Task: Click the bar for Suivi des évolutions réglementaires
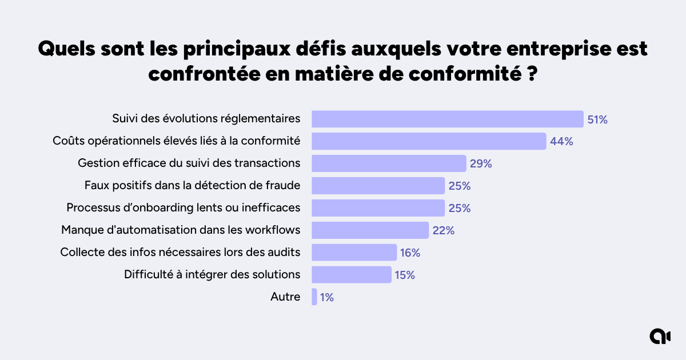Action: [447, 119]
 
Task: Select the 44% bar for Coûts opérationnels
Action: [429, 141]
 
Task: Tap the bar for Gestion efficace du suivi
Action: [389, 163]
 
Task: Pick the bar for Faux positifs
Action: [378, 186]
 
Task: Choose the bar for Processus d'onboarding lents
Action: [378, 208]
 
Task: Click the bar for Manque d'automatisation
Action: [370, 230]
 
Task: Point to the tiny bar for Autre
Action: [314, 297]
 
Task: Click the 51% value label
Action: [597, 119]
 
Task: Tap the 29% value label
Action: [481, 163]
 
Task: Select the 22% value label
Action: [443, 230]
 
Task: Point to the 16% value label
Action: [410, 253]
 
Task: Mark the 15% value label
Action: [404, 275]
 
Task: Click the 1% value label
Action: [327, 297]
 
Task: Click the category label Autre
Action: [285, 297]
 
